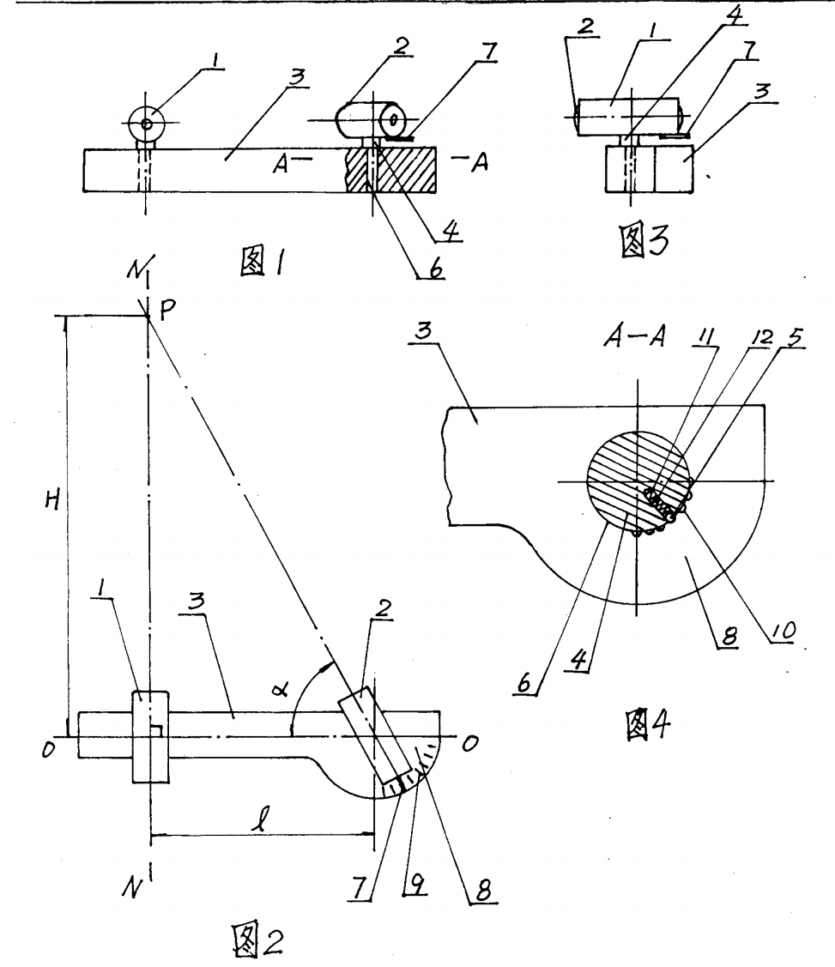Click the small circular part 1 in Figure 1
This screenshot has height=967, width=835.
[x=148, y=124]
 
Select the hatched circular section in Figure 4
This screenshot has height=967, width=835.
[x=631, y=476]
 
